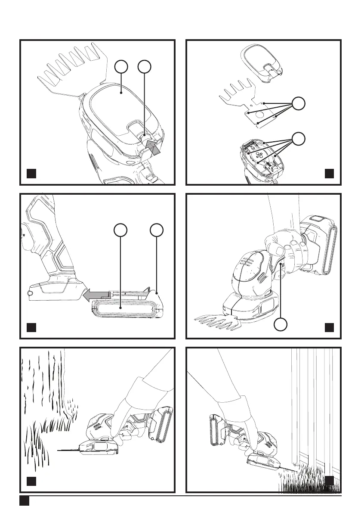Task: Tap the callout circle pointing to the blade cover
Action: (122, 67)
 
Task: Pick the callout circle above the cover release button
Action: (144, 67)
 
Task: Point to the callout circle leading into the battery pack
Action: (121, 230)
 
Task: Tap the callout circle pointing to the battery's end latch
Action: (157, 230)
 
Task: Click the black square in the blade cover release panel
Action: (31, 174)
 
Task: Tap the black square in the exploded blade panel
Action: (329, 174)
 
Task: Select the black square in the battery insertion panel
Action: (31, 327)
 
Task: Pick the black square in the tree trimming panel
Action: (31, 480)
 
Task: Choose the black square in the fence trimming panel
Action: (329, 480)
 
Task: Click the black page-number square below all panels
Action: (24, 501)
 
